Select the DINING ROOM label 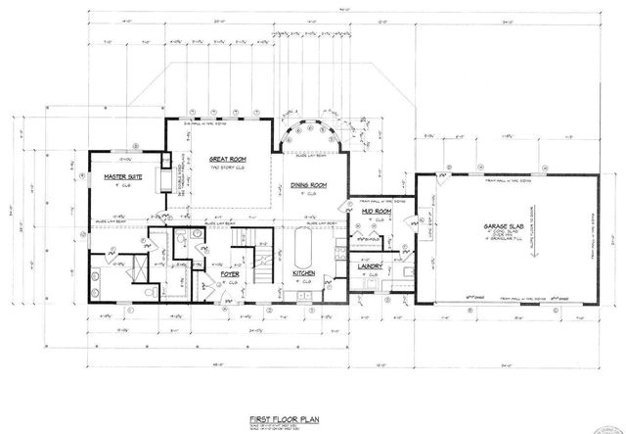(x=307, y=185)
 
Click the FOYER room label (x=230, y=274)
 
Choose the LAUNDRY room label (x=370, y=265)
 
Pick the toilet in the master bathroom (x=146, y=291)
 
